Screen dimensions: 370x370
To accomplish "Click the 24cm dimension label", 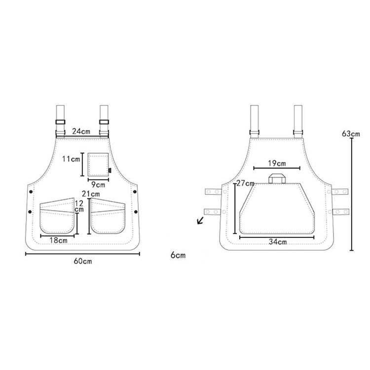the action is (x=81, y=131).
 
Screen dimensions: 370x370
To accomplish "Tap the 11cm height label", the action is (x=71, y=159).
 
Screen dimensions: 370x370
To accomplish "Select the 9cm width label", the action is (x=98, y=185).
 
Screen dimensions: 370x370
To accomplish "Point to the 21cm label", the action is (x=91, y=194).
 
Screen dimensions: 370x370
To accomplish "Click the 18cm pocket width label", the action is (x=58, y=240).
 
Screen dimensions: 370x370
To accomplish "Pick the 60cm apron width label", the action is (x=83, y=261).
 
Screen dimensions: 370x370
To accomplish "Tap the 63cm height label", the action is (x=351, y=134).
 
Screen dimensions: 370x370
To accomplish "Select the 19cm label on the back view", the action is (x=277, y=163).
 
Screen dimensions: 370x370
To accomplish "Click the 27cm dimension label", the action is (x=245, y=183).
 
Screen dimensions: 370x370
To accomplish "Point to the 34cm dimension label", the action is (x=278, y=242).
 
